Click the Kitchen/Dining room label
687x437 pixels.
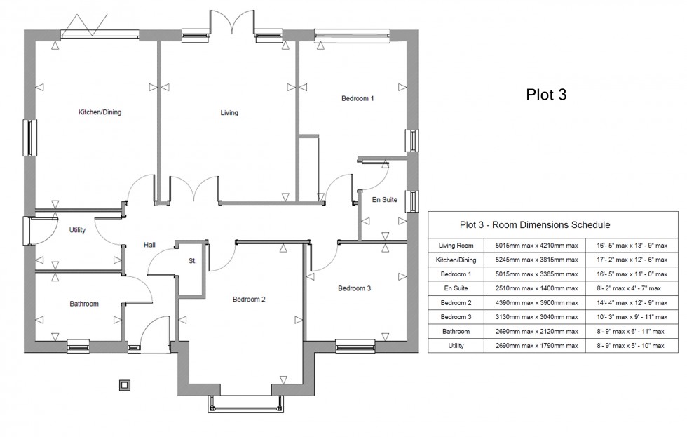point(100,112)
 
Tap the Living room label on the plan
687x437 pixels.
point(229,113)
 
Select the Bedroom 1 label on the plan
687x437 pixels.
point(358,99)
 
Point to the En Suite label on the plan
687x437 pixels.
point(384,200)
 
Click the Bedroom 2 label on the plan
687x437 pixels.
point(249,300)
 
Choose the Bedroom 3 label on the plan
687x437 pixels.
point(354,288)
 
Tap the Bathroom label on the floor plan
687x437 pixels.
point(84,304)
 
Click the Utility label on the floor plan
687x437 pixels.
point(77,230)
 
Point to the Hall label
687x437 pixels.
point(150,245)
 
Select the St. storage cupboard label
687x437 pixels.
point(192,261)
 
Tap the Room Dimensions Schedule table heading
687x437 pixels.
point(534,225)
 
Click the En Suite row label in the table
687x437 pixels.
point(456,288)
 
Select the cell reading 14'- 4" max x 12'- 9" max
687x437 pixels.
point(632,303)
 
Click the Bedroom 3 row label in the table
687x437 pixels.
point(456,317)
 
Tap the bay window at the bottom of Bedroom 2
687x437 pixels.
point(247,405)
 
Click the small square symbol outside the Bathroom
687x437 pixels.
point(125,384)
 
